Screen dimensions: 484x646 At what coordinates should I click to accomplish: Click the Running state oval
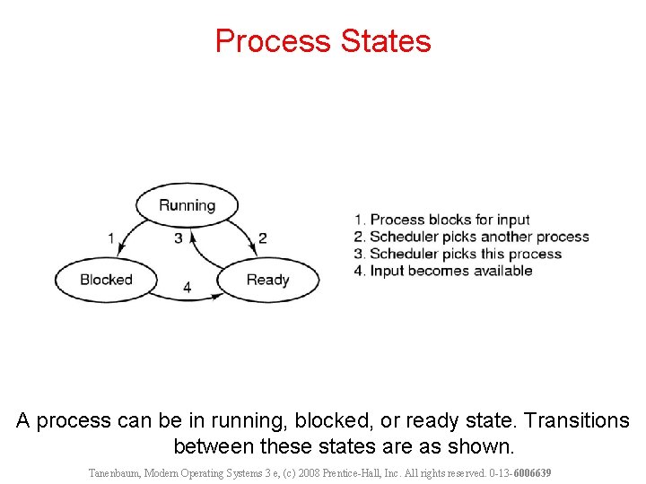tap(187, 205)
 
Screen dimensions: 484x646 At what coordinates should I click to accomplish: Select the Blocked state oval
tap(106, 280)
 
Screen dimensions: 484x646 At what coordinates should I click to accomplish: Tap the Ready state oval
tap(267, 280)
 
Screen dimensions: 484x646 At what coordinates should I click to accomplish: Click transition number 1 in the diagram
tap(111, 238)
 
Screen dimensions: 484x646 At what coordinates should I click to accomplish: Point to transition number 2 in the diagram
tap(262, 238)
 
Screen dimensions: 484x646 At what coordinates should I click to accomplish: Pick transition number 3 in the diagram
tap(179, 238)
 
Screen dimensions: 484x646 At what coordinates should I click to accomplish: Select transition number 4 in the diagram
tap(187, 288)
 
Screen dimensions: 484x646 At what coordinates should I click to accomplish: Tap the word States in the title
tap(387, 41)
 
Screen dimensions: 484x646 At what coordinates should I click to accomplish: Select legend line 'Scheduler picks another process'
tap(472, 237)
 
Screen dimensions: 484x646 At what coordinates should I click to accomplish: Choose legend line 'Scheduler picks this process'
tap(458, 254)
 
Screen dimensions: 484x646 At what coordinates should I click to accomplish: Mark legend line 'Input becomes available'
tap(443, 271)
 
